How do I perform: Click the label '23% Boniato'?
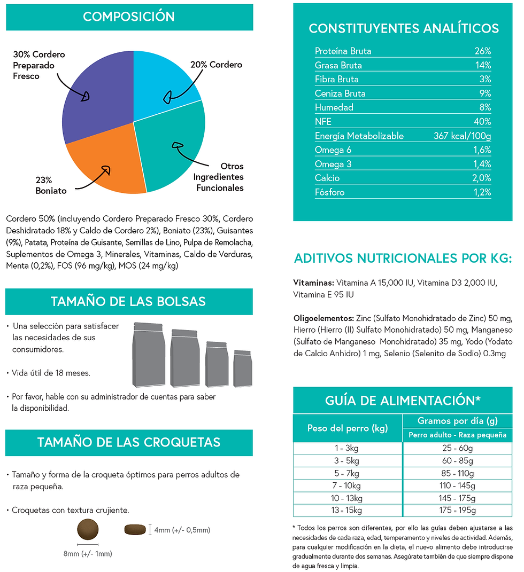tap(51, 185)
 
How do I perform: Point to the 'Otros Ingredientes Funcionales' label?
tap(219, 177)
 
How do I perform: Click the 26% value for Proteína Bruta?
tap(482, 51)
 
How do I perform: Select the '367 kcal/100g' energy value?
tap(462, 136)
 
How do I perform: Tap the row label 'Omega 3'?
tap(333, 164)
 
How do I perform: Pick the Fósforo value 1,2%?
tap(482, 192)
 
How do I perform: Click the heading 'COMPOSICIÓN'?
tap(129, 17)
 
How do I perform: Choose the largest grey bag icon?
tap(149, 354)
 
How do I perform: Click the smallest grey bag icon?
tap(243, 368)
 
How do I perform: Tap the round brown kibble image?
tap(88, 529)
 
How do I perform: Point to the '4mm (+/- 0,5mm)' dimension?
tap(182, 530)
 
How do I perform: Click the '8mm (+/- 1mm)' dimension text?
tap(88, 554)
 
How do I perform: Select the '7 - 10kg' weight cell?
tap(346, 485)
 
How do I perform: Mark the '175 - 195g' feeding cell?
tap(457, 510)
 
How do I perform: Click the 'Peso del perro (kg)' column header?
tap(348, 428)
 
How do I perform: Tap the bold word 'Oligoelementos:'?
tap(323, 318)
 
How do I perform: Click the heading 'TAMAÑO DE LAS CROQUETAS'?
tap(129, 443)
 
